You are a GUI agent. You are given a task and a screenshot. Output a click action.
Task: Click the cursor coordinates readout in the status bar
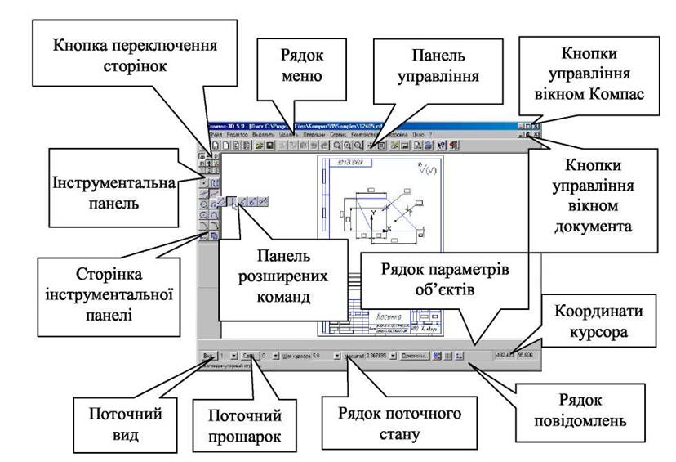click(x=518, y=355)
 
